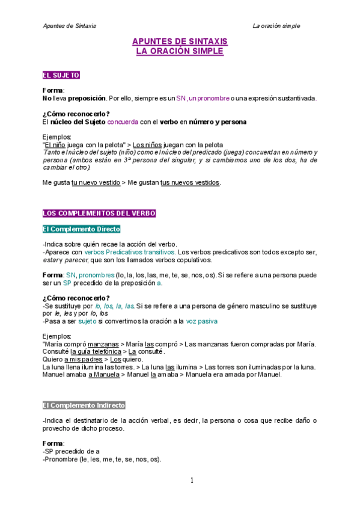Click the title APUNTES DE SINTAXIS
(x=180, y=41)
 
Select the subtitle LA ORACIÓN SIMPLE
(x=180, y=51)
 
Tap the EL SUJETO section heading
(x=61, y=75)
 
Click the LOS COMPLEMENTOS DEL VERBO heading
(x=99, y=214)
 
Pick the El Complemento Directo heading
(x=81, y=229)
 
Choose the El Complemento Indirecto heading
(x=84, y=405)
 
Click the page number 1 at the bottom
(x=192, y=480)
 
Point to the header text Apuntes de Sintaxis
(x=70, y=26)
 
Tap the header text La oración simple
(x=276, y=26)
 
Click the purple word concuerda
(x=123, y=122)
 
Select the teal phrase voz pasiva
(x=202, y=321)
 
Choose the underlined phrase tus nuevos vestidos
(x=190, y=183)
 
